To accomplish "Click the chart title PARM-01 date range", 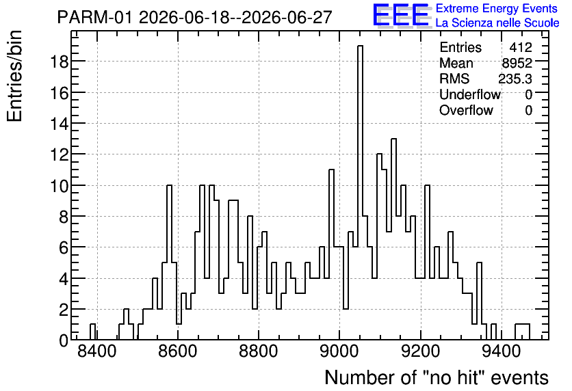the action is tap(195, 17).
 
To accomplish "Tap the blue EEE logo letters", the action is tap(400, 15).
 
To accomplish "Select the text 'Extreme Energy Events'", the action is tap(497, 8).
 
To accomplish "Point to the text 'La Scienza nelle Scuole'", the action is tap(497, 23).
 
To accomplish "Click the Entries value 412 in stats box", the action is tap(521, 47).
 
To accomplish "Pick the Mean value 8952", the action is tap(517, 63).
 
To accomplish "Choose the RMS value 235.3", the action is tap(515, 79).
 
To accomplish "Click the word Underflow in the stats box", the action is tap(470, 94).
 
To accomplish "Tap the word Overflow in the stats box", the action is tap(466, 110).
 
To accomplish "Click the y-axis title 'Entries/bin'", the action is tap(14, 76).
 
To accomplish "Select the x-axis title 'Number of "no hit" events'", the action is tap(437, 377).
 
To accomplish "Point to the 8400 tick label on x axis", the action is tap(97, 351).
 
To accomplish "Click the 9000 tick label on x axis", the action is tap(339, 351).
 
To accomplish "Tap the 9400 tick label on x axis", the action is tap(502, 351).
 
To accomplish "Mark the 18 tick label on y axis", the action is tap(59, 62).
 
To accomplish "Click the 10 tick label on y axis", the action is tap(59, 185).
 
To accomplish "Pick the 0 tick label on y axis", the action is tap(64, 340).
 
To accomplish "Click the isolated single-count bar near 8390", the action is tap(92, 332).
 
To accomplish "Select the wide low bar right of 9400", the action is tap(522, 332).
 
